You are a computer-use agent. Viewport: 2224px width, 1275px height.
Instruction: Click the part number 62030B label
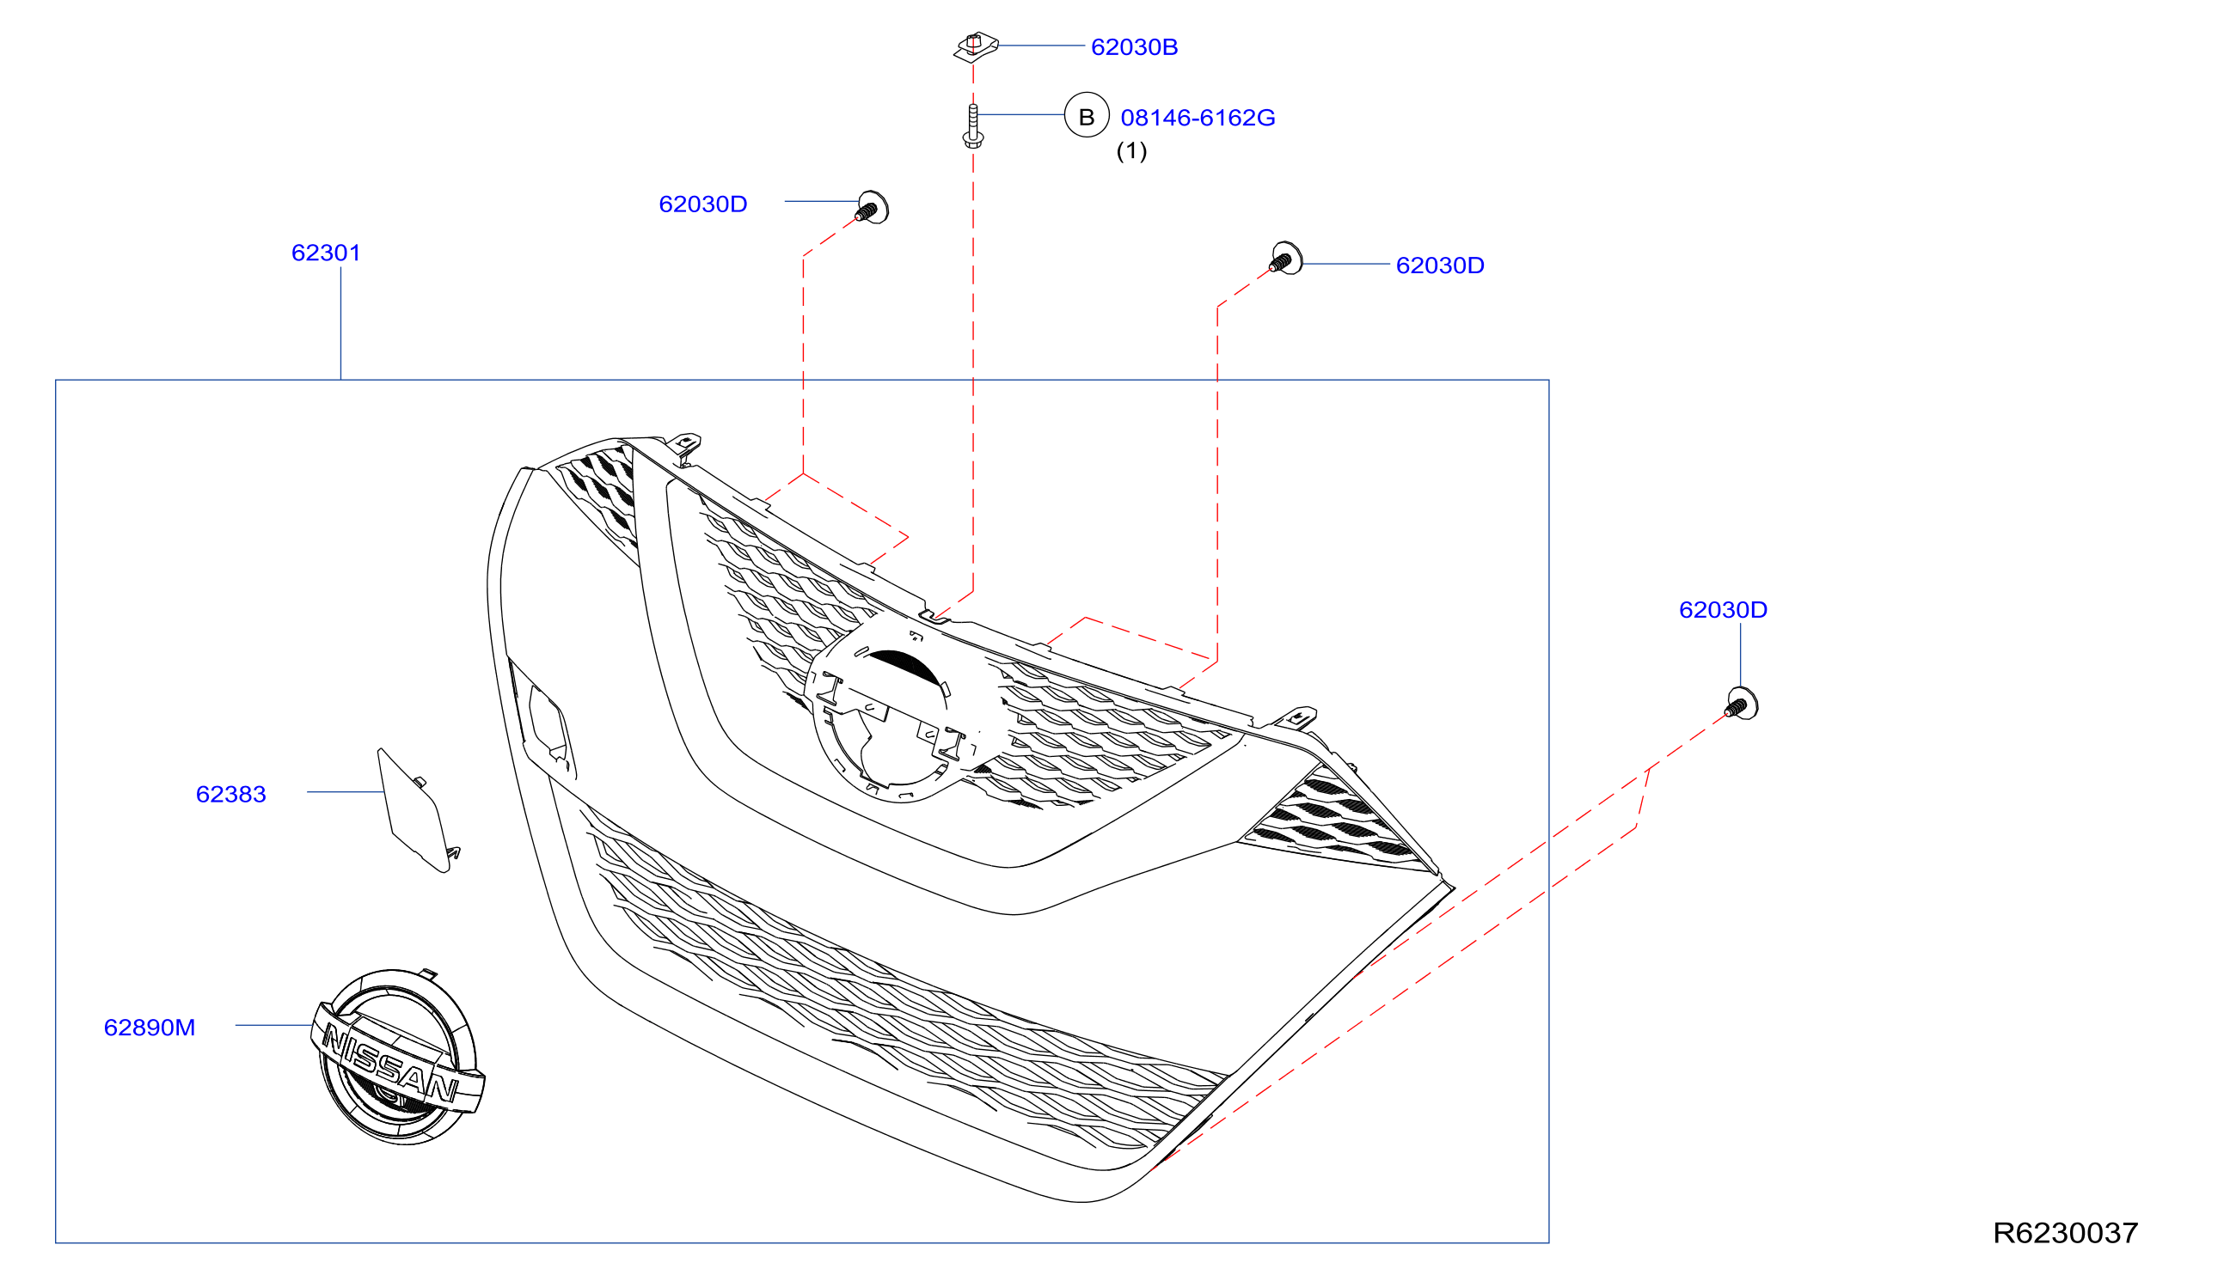1133,47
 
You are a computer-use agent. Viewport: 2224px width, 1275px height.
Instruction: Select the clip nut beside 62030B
975,47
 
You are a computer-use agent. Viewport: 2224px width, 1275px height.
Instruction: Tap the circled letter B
1086,116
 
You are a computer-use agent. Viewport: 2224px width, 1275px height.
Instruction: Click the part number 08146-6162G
1198,118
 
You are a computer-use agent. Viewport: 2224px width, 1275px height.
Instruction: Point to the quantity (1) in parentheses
1130,150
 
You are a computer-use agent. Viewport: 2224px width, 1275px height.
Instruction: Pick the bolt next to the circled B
972,126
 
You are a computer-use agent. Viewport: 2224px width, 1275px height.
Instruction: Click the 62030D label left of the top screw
702,204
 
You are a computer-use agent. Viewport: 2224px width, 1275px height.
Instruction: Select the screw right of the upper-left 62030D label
872,208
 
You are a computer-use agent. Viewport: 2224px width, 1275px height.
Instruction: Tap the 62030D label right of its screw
1439,265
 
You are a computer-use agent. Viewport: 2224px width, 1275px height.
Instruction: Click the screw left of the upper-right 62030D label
1286,259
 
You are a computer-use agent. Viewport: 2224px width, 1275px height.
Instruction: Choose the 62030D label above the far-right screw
1722,609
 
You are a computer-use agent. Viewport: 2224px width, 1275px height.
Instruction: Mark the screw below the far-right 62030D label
1741,703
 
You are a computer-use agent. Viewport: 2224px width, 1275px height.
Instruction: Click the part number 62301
326,253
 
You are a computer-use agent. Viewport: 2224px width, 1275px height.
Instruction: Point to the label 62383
230,794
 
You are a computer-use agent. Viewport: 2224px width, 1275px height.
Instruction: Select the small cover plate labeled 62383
417,810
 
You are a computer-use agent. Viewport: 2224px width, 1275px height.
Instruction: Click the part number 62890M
149,1028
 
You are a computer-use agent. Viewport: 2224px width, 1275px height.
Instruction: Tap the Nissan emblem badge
397,1056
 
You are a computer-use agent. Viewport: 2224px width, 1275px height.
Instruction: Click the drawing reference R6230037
2065,1233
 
